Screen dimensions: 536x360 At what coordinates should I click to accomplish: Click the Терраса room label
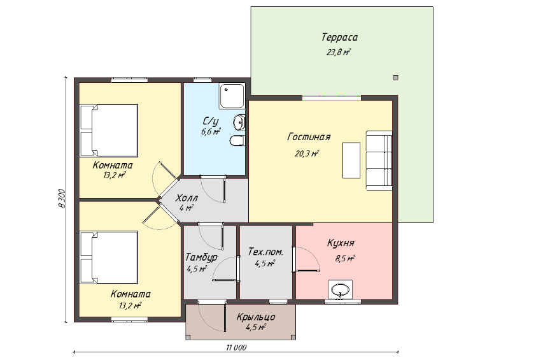(339, 37)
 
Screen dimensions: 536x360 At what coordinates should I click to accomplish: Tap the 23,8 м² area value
(339, 52)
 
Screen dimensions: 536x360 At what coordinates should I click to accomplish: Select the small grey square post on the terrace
(395, 78)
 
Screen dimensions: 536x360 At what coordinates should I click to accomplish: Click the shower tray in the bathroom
(232, 96)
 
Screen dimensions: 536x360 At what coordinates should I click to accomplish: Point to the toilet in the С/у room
(237, 141)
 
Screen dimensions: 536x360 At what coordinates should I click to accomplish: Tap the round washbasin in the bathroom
(239, 122)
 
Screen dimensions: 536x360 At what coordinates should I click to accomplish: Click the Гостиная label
(309, 137)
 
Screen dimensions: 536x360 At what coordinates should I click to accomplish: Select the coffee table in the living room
(351, 160)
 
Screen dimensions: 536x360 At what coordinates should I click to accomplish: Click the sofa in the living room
(379, 160)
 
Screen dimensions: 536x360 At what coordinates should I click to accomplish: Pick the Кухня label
(341, 243)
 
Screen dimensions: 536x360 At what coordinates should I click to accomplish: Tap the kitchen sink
(340, 290)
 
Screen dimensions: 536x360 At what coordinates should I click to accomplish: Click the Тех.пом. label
(265, 252)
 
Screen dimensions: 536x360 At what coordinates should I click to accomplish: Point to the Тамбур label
(201, 257)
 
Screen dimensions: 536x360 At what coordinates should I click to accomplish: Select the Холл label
(187, 198)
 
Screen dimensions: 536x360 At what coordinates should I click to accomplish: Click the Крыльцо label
(256, 317)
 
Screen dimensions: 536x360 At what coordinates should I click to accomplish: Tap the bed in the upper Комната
(109, 131)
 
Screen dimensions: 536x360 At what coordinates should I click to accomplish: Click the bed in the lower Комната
(109, 257)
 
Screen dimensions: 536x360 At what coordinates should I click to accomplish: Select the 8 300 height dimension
(62, 199)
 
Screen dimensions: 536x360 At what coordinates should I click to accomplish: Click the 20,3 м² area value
(307, 154)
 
